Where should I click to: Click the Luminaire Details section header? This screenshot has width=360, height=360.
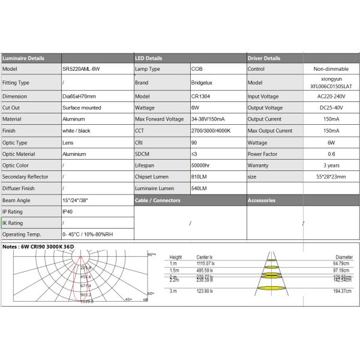[23, 59]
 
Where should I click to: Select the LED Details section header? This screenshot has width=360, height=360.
[149, 59]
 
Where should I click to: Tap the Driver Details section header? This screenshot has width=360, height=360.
[264, 59]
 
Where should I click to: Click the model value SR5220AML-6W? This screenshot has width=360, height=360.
[82, 69]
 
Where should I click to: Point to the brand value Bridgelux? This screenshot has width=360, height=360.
[202, 83]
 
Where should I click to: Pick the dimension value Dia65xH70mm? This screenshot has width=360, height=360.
[79, 97]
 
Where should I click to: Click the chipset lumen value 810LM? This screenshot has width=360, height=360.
[199, 177]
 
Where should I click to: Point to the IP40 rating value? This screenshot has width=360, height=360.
[67, 212]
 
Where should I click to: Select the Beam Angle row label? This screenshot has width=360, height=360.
[16, 200]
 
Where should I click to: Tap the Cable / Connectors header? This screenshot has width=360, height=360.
[158, 200]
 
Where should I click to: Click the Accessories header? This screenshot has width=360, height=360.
[262, 200]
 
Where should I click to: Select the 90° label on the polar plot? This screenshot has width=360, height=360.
[152, 255]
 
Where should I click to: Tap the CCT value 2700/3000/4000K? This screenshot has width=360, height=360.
[211, 131]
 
